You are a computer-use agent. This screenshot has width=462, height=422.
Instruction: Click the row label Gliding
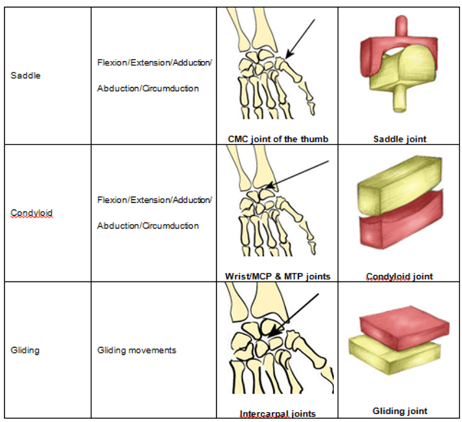(25, 350)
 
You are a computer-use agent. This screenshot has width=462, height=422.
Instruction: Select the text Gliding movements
(137, 350)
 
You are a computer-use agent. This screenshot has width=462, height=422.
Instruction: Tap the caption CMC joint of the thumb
(278, 139)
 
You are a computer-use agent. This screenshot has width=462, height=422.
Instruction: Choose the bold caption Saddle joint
(400, 139)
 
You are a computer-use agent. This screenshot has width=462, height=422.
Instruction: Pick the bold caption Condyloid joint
(400, 276)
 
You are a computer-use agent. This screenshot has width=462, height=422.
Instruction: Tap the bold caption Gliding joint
(400, 411)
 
